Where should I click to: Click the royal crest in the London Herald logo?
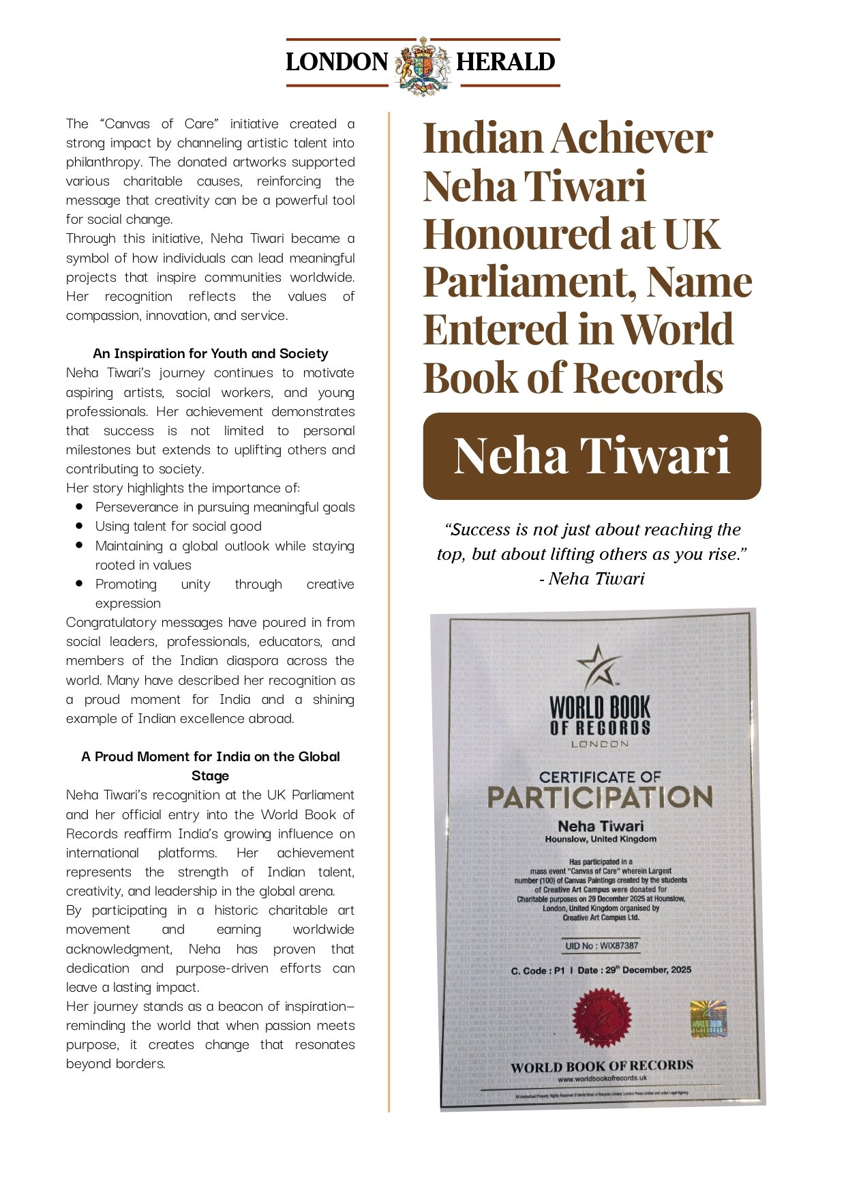click(423, 66)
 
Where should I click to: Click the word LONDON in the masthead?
click(337, 62)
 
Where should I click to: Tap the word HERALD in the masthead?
click(505, 62)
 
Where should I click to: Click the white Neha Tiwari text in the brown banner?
click(592, 456)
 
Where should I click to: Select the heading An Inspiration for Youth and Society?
click(210, 353)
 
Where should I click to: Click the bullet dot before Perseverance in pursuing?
click(80, 507)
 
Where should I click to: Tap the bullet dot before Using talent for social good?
click(80, 526)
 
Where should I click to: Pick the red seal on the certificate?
click(602, 1018)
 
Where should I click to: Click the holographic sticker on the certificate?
click(708, 1019)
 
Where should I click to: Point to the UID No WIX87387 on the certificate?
click(602, 945)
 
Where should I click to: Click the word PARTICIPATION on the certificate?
click(600, 797)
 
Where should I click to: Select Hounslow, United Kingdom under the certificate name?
click(601, 839)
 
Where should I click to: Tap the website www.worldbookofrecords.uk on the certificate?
click(602, 1078)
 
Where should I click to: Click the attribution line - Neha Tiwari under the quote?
click(592, 578)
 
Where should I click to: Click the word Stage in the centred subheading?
click(210, 775)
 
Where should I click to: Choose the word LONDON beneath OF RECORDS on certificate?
click(600, 743)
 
